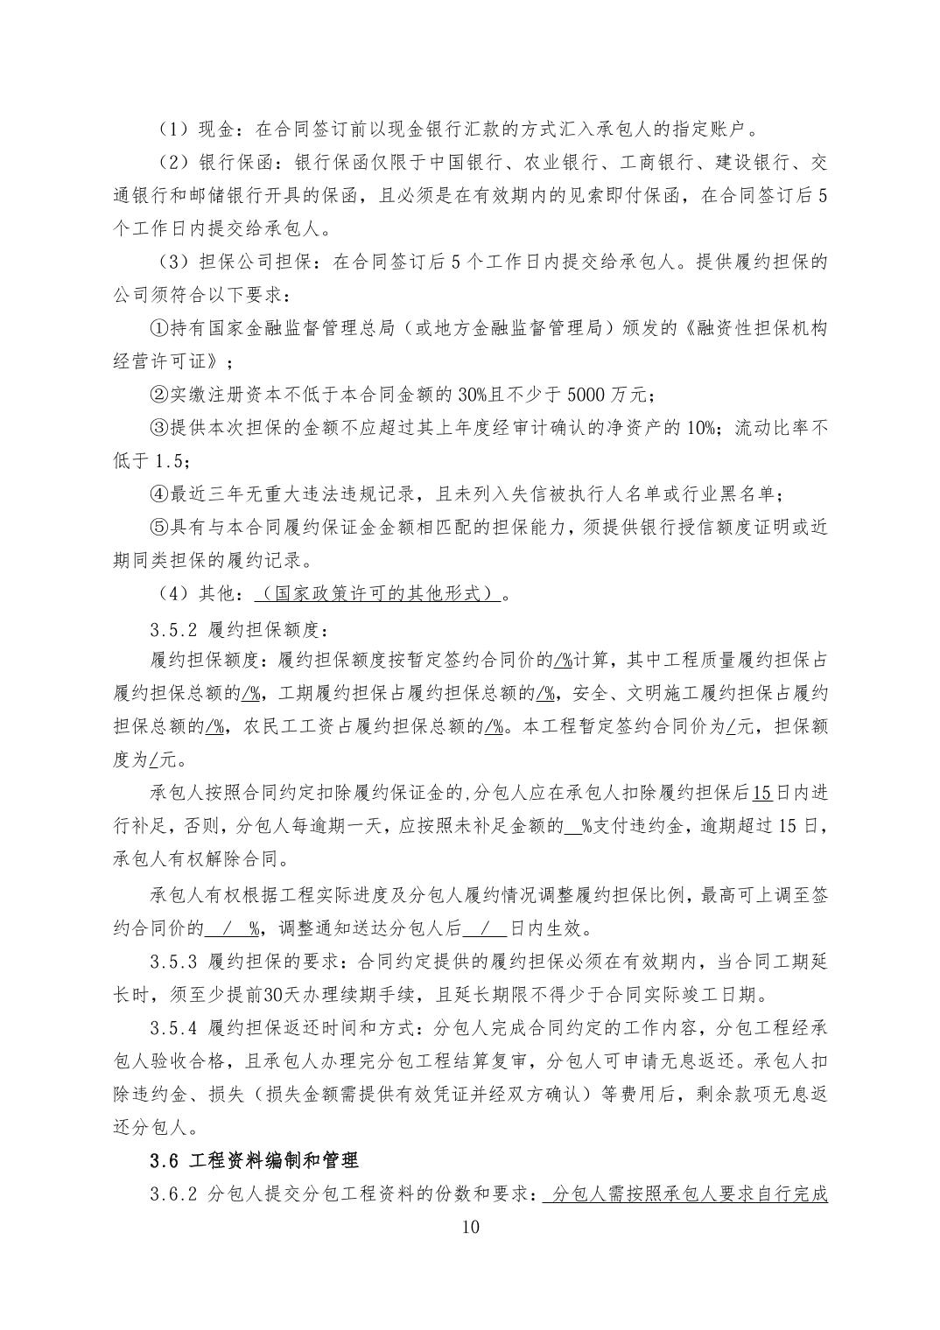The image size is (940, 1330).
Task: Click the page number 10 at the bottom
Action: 470,1226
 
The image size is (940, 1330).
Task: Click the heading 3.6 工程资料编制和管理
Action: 254,1161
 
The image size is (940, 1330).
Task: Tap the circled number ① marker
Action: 158,328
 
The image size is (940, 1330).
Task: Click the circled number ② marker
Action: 158,395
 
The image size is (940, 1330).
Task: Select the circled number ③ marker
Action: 158,428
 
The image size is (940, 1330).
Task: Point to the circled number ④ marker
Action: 158,494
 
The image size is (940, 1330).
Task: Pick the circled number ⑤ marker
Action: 158,528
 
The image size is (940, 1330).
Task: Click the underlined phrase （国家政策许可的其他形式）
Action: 378,594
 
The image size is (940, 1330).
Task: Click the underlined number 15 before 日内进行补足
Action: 761,794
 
